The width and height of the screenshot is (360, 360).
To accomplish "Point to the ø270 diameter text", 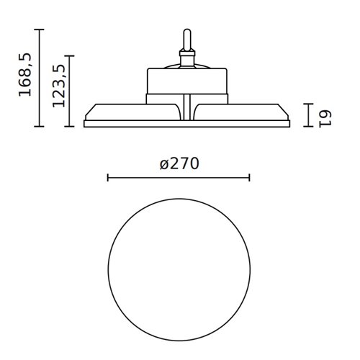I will [179, 163].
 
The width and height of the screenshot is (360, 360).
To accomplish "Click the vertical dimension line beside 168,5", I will [40, 78].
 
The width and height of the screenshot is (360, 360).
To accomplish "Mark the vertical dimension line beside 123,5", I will [70, 91].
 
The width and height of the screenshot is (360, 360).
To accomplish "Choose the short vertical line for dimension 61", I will [308, 114].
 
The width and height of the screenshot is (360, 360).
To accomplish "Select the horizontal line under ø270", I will [179, 177].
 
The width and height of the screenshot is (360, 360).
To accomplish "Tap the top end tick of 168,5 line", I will [40, 30].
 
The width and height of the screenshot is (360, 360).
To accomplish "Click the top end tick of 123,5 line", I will [70, 55].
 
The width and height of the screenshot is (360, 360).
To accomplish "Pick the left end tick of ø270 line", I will [107, 177].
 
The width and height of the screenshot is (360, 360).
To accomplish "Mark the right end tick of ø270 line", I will [249, 177].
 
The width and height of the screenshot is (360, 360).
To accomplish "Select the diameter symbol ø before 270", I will [163, 164].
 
